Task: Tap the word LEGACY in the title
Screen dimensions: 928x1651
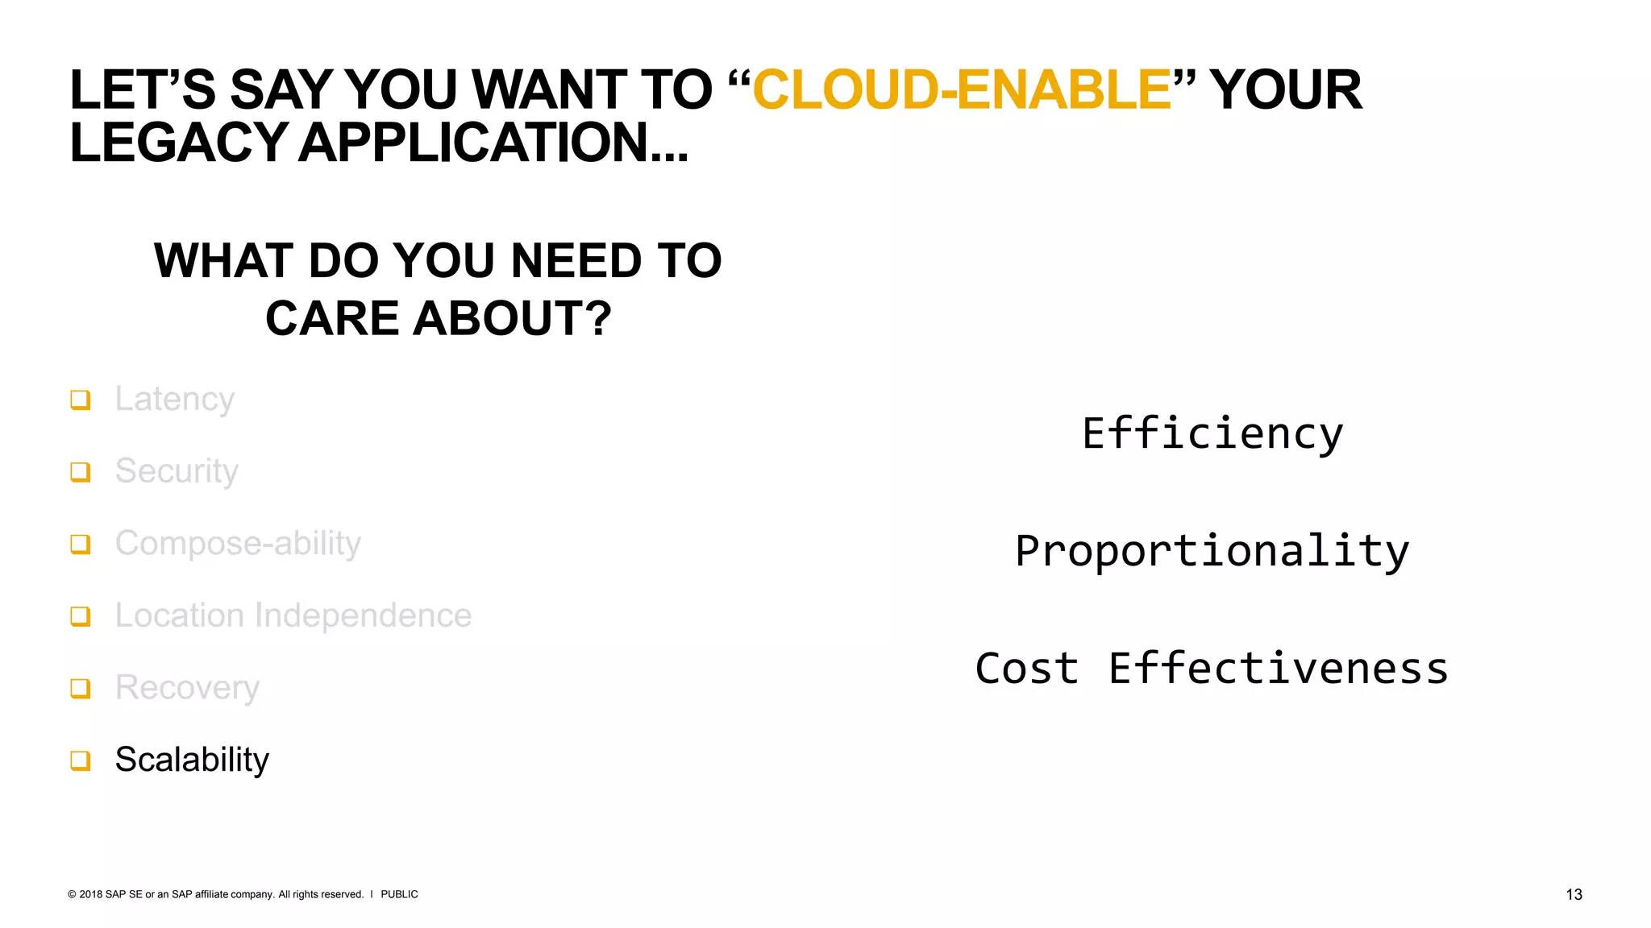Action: [178, 143]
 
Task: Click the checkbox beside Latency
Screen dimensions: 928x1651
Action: [80, 400]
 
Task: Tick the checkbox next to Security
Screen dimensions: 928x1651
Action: [80, 471]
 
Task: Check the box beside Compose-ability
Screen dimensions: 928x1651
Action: [80, 544]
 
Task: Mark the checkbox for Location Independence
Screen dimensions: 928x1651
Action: [80, 616]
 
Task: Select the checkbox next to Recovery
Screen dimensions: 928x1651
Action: [80, 688]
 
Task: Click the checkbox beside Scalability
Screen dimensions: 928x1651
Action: [80, 760]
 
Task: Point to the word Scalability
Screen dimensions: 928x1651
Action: [192, 760]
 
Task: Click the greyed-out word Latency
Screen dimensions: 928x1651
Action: [174, 399]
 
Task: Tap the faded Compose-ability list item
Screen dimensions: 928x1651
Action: [238, 544]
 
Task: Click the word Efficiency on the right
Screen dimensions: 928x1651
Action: [1212, 433]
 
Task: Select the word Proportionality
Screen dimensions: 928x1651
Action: [1212, 551]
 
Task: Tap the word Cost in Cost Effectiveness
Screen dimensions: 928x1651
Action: [1026, 669]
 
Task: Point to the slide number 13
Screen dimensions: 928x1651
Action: [1574, 894]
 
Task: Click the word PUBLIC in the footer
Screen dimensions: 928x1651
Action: [399, 894]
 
